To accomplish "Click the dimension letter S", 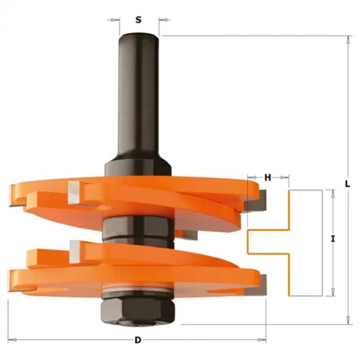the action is coord(138,20).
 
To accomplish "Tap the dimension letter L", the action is coord(347,184).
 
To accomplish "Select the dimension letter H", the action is coord(268,177).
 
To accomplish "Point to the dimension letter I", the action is coord(333,239).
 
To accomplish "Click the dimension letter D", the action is coord(138,340).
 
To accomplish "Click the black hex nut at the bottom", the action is coord(137,311).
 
